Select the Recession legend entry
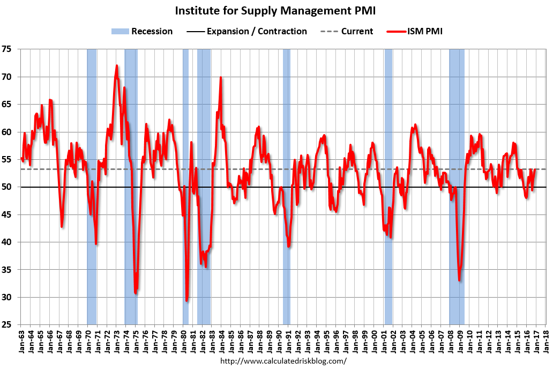(x=142, y=31)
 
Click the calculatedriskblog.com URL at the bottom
(x=283, y=361)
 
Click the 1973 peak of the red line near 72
(x=116, y=66)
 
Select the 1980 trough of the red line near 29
(x=186, y=300)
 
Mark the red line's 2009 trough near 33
(x=459, y=280)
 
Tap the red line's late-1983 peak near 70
(x=220, y=78)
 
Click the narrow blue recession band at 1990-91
(x=286, y=161)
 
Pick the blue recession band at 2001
(x=388, y=161)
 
